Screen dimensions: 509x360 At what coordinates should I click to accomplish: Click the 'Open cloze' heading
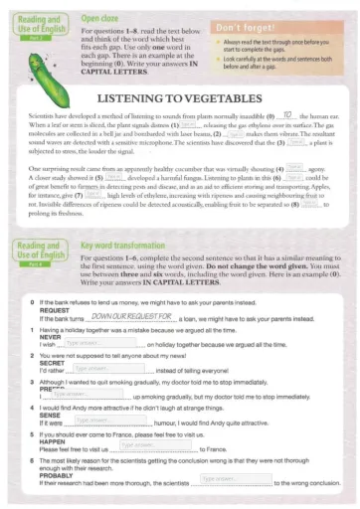[x=101, y=18]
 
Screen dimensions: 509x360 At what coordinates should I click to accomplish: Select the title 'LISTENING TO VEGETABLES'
[x=180, y=126]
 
